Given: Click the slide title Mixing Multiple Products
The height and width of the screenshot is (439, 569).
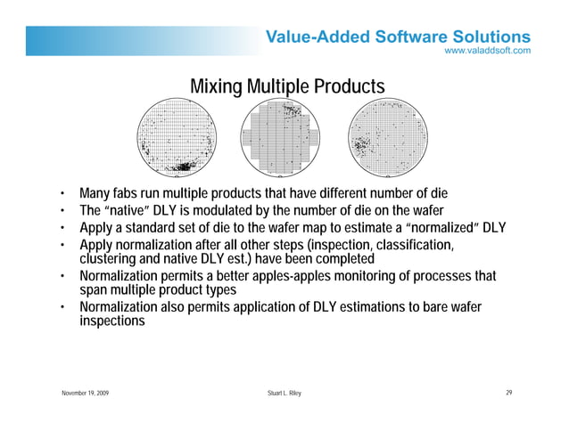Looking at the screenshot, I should [287, 86].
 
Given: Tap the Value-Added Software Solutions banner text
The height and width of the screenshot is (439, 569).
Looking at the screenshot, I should [398, 37].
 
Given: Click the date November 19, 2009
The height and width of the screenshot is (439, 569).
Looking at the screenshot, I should [86, 394].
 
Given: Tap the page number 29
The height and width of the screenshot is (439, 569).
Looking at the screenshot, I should [508, 394].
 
